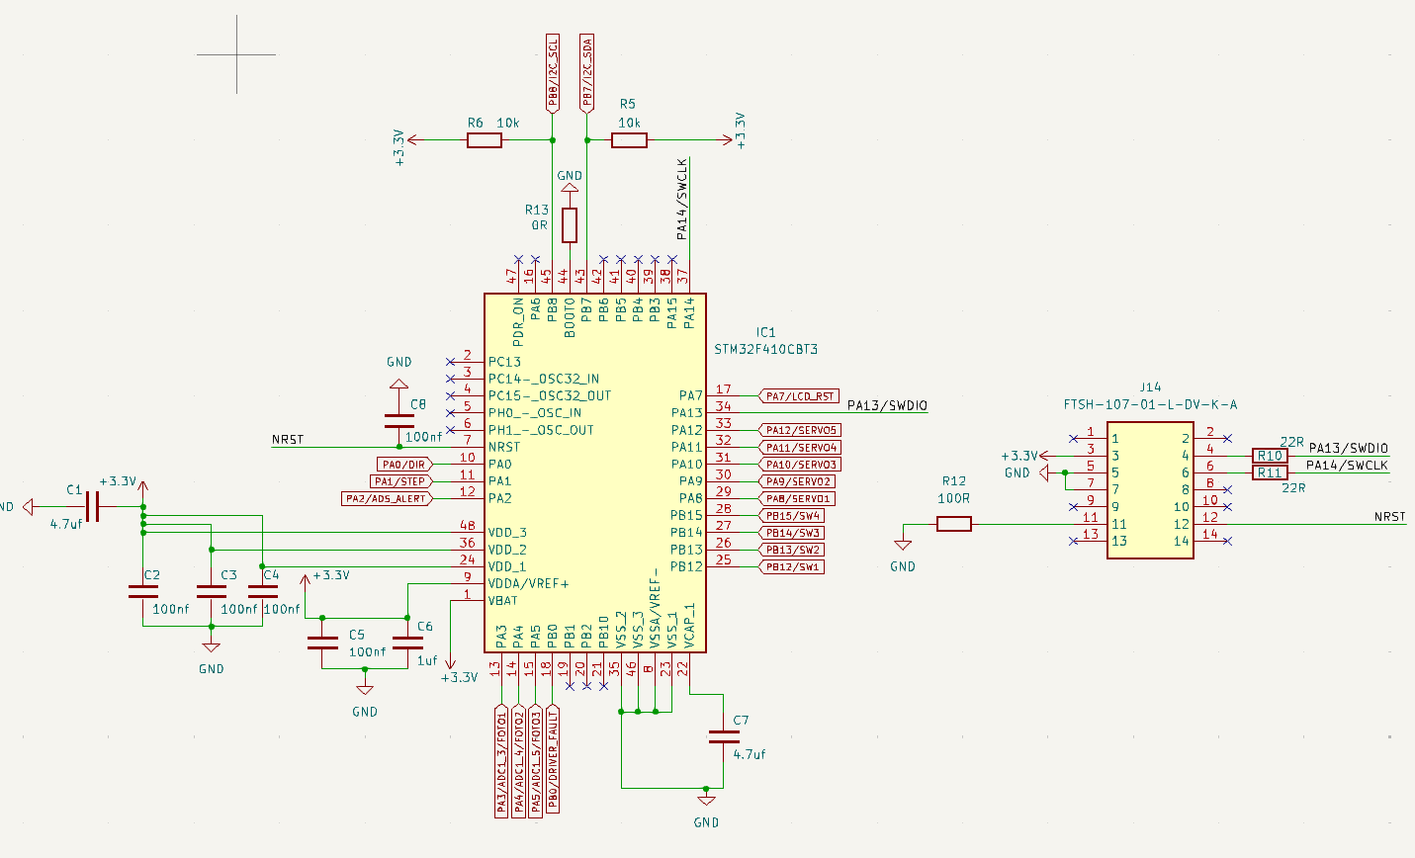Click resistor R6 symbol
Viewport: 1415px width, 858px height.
pyautogui.click(x=484, y=140)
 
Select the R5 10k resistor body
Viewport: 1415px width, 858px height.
pyautogui.click(x=629, y=140)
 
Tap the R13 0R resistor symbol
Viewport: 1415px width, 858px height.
pyautogui.click(x=570, y=225)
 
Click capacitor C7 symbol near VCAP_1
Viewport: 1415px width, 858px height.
pyautogui.click(x=724, y=736)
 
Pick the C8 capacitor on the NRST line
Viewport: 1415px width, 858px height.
pyautogui.click(x=398, y=420)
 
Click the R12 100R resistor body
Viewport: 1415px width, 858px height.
pyautogui.click(x=953, y=524)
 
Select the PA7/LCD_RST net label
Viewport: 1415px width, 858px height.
pyautogui.click(x=799, y=396)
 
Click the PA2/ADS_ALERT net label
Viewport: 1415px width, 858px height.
pyautogui.click(x=387, y=499)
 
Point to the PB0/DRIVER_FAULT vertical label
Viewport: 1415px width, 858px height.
pyautogui.click(x=553, y=759)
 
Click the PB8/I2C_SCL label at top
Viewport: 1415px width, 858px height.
pyautogui.click(x=553, y=71)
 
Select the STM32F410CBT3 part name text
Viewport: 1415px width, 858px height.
pyautogui.click(x=765, y=350)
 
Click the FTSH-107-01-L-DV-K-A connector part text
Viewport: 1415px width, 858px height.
pyautogui.click(x=1150, y=404)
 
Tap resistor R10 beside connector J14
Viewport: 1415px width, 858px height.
pyautogui.click(x=1270, y=456)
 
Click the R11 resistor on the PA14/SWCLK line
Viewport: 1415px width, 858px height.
pyautogui.click(x=1270, y=472)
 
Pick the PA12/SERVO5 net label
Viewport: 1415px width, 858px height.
pyautogui.click(x=800, y=431)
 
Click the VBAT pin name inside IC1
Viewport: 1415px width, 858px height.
pyautogui.click(x=502, y=601)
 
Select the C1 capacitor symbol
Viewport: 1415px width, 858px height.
pyautogui.click(x=93, y=507)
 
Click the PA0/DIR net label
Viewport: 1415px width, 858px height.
pyautogui.click(x=403, y=465)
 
